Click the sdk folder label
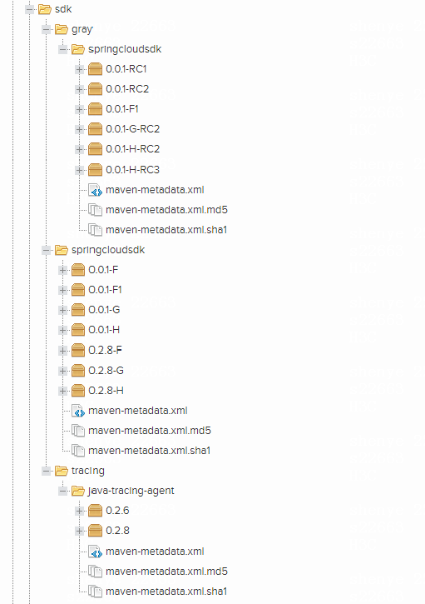(63, 9)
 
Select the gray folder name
(82, 29)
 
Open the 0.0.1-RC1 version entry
(126, 69)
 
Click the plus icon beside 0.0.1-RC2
(79, 89)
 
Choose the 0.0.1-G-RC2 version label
(133, 128)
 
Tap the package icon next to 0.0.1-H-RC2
(95, 148)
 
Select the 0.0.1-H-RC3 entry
(133, 169)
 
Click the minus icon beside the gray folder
(46, 29)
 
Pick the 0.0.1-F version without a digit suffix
(103, 270)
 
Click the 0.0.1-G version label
(104, 310)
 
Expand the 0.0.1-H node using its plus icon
(62, 330)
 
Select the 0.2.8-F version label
(105, 350)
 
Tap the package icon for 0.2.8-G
(78, 371)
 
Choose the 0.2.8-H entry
(106, 391)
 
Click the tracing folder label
(88, 471)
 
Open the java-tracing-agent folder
(131, 491)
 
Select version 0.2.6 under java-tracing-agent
(117, 511)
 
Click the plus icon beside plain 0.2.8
(79, 531)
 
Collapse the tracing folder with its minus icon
(46, 471)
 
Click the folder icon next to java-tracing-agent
(78, 491)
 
